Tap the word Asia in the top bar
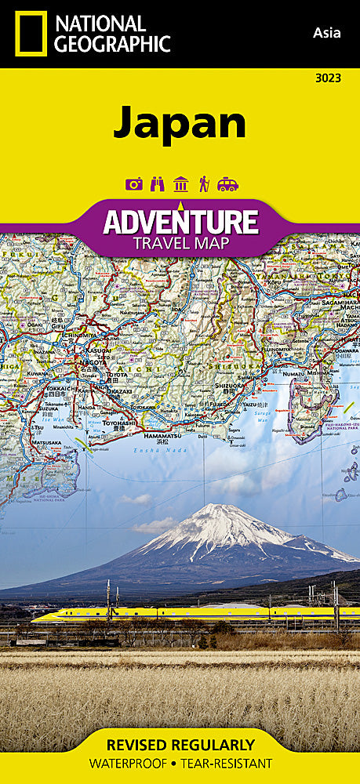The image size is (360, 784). [x=325, y=32]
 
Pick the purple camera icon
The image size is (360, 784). [x=133, y=185]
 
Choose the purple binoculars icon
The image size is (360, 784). [x=156, y=185]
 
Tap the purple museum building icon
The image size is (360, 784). [x=180, y=185]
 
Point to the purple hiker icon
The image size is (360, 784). [x=204, y=185]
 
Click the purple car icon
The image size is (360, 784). [x=227, y=185]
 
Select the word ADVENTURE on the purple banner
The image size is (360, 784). [x=180, y=221]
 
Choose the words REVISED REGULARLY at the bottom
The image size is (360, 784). [x=180, y=745]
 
